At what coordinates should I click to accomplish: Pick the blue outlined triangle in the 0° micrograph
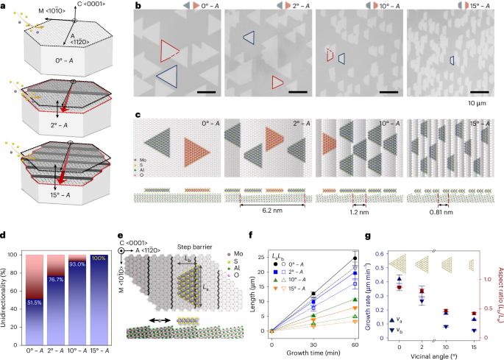[168, 77]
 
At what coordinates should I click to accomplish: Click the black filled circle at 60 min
[355, 258]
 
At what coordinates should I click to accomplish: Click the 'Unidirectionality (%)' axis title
[9, 294]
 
